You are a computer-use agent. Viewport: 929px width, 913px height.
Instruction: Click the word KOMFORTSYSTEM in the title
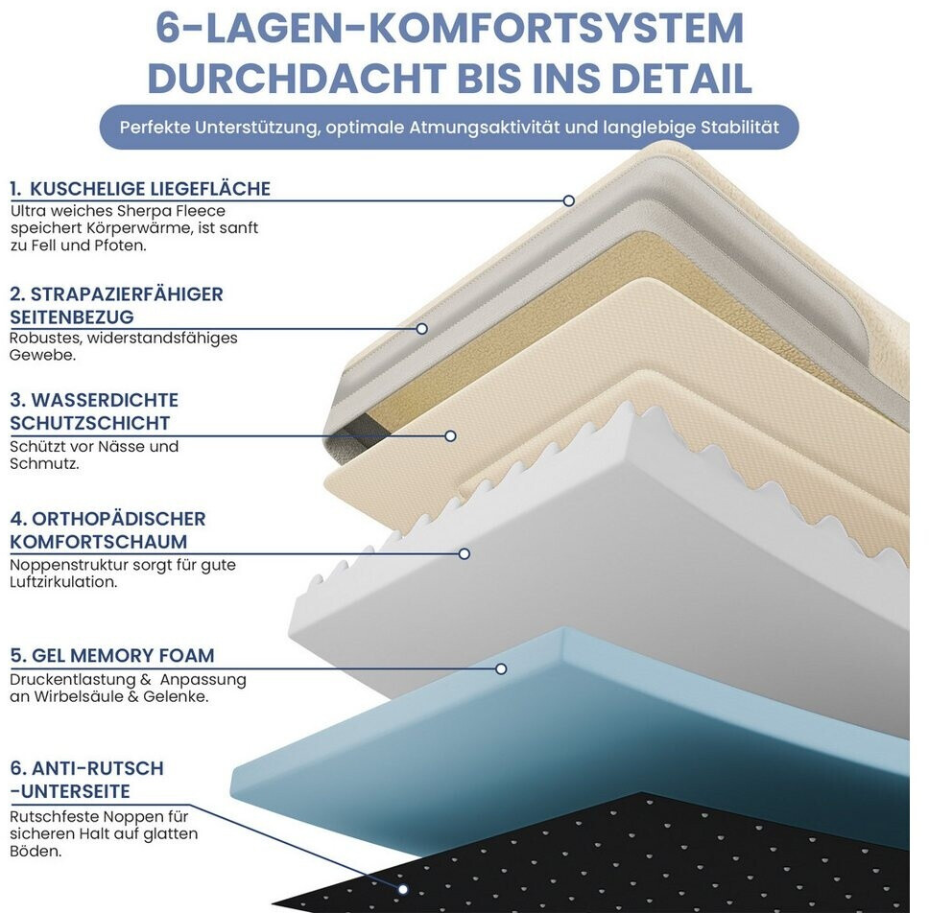click(557, 30)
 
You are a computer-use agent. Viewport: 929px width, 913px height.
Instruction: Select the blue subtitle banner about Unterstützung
click(449, 127)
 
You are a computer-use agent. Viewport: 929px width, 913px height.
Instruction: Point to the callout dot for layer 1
click(569, 200)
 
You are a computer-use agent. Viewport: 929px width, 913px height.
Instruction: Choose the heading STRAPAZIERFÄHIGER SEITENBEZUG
click(116, 305)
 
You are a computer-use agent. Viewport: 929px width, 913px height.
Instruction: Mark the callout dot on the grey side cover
click(421, 329)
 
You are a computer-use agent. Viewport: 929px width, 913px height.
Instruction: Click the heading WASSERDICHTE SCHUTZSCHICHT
click(94, 411)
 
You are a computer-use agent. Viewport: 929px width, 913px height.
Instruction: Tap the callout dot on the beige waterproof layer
click(450, 435)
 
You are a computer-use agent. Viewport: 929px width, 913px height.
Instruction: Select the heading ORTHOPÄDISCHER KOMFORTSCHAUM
click(107, 530)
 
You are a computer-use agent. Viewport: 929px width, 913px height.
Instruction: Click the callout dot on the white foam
click(464, 553)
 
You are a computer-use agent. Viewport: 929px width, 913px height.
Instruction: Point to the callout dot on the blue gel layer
click(501, 668)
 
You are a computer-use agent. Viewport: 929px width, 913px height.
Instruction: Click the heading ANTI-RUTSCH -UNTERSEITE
click(86, 780)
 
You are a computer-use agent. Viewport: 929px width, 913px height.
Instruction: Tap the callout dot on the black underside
click(403, 889)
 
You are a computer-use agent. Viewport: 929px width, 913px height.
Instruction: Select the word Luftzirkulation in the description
click(63, 582)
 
